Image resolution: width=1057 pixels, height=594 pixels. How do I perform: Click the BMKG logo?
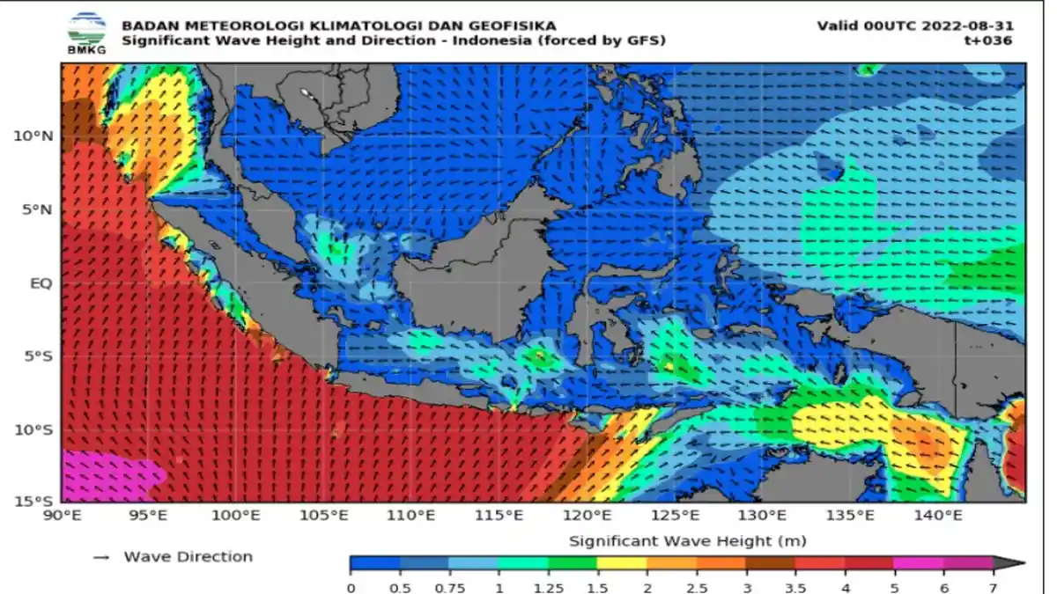click(85, 33)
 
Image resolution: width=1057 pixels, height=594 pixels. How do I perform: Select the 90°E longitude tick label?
click(63, 516)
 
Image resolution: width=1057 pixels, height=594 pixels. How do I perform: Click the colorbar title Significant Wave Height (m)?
click(687, 540)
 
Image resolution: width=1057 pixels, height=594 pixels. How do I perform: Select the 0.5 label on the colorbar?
click(400, 586)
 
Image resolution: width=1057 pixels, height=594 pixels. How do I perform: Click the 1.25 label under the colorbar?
click(548, 586)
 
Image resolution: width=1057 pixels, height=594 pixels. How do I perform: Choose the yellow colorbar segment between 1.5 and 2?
click(621, 564)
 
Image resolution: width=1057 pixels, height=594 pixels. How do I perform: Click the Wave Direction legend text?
click(188, 556)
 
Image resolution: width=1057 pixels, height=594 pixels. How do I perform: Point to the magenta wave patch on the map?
click(110, 476)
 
